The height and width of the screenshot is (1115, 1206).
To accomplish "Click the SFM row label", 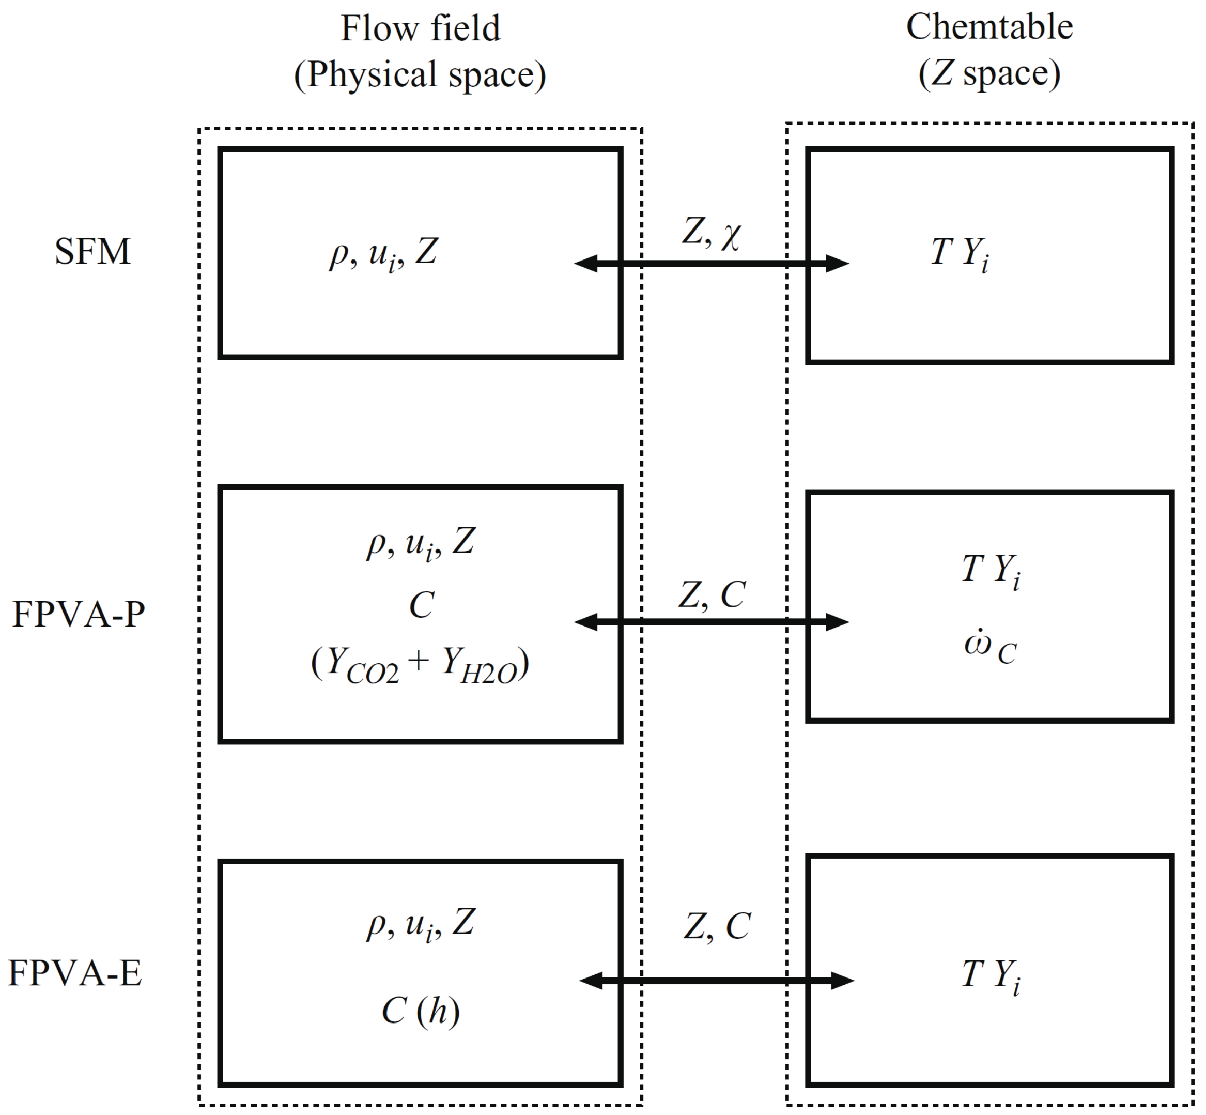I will (92, 252).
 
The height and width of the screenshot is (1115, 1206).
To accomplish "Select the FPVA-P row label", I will (79, 615).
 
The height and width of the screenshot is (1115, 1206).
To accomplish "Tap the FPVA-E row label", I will (75, 973).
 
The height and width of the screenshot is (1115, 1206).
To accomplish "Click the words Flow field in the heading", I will (420, 28).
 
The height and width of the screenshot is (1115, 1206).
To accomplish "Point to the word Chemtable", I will (989, 27).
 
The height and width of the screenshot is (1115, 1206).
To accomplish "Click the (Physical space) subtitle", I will (420, 75).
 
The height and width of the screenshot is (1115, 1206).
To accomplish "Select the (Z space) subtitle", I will (989, 73).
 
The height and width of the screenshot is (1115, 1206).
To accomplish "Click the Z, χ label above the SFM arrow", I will (712, 232).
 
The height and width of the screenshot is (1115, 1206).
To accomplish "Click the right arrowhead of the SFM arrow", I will (838, 263).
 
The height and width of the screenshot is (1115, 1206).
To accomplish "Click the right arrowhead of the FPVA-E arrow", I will (842, 981).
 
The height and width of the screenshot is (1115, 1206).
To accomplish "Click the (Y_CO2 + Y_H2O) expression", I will (420, 665).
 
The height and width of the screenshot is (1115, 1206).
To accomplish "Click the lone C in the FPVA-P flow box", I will (421, 605).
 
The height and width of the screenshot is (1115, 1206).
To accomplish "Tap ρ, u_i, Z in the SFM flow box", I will (383, 253).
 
